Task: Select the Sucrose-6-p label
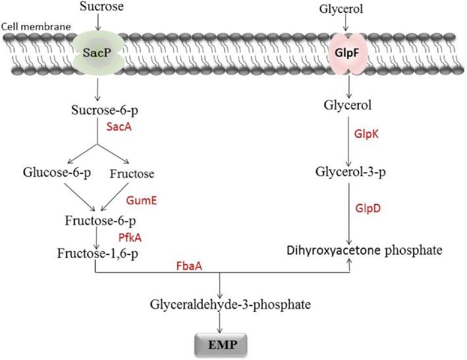click(98, 109)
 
